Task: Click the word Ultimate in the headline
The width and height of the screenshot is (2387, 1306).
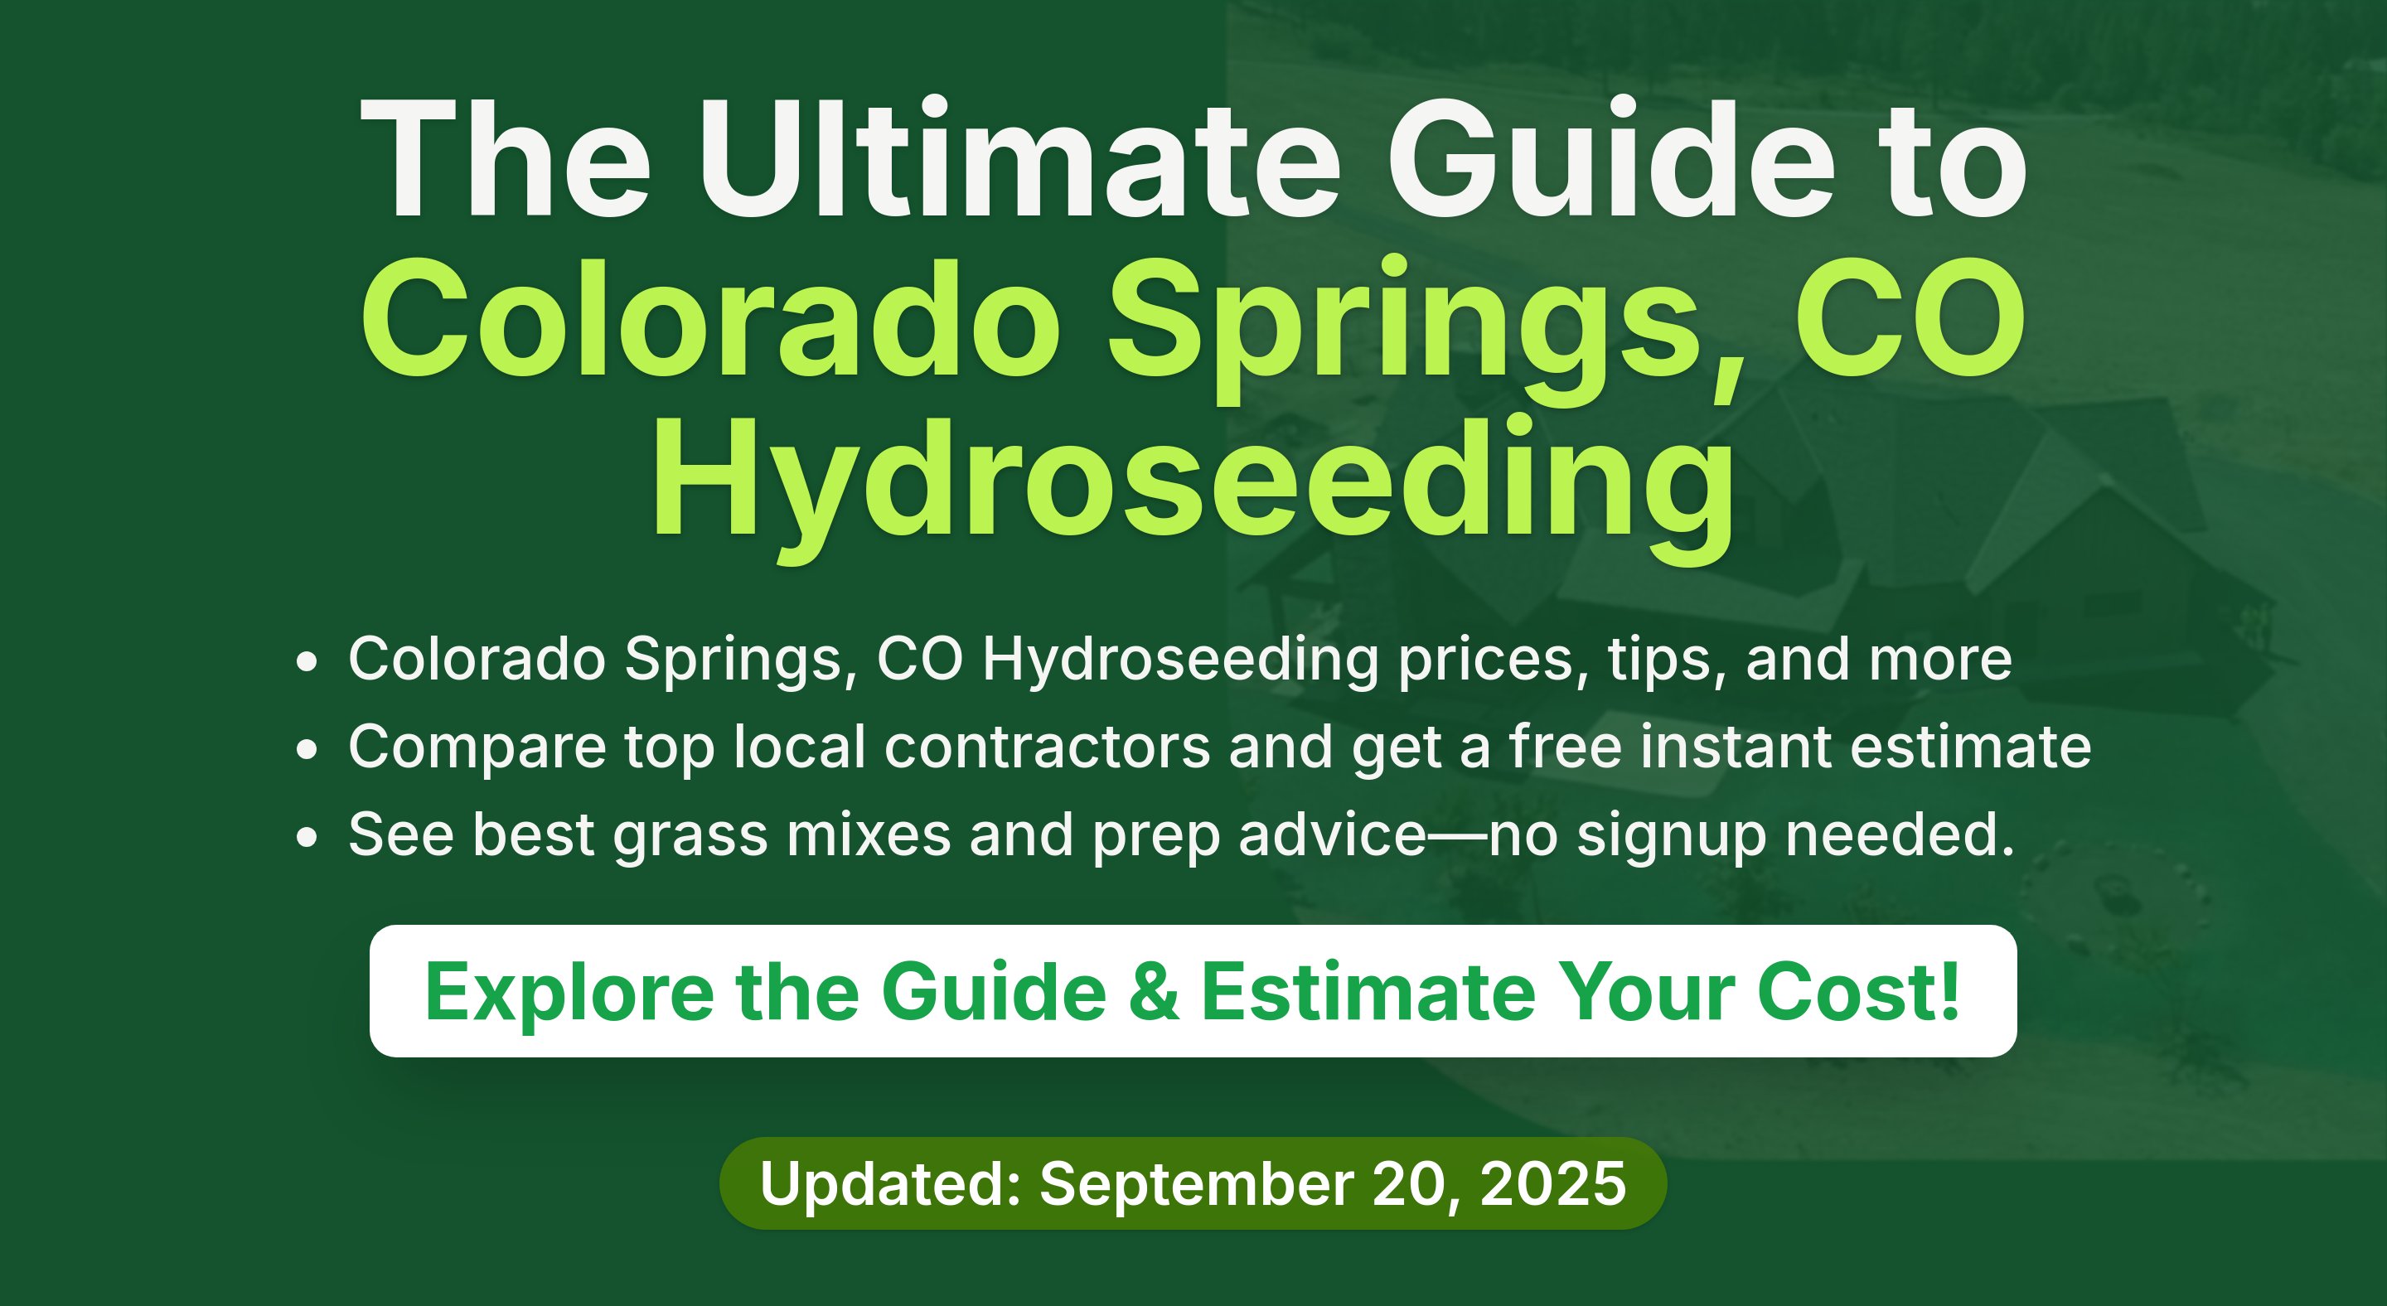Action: click(1019, 158)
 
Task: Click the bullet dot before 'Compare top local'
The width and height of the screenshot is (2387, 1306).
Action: click(307, 749)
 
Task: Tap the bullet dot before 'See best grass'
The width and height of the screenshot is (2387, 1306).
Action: click(307, 837)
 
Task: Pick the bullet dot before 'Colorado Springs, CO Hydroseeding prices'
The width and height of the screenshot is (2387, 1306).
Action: click(307, 662)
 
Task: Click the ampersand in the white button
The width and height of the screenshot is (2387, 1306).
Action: click(1154, 992)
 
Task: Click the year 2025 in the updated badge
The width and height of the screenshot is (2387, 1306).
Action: click(1553, 1183)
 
